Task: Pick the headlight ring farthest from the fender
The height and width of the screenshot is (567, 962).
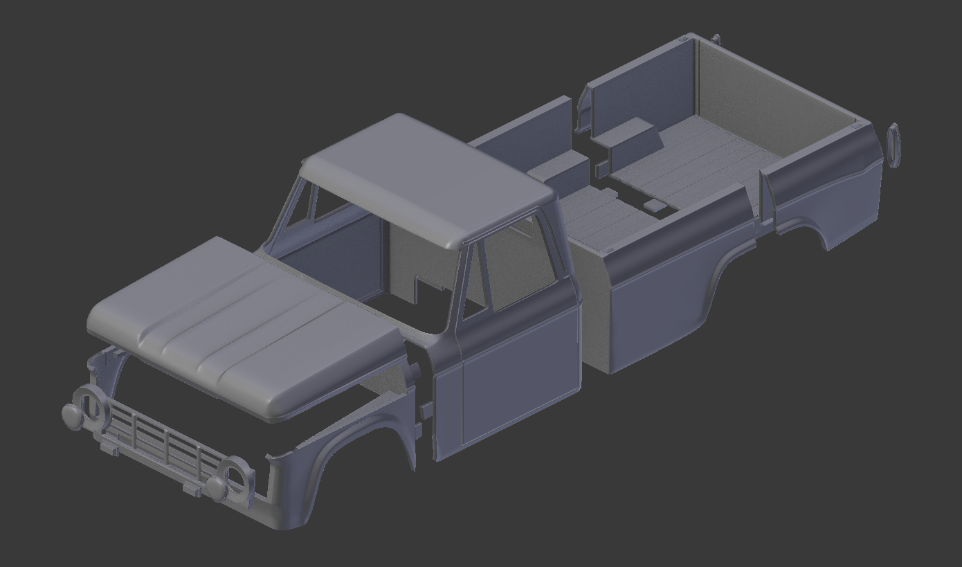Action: pyautogui.click(x=91, y=404)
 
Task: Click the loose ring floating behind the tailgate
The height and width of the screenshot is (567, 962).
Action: pyautogui.click(x=893, y=146)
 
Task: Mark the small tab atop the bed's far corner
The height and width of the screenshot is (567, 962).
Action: pyautogui.click(x=716, y=39)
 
